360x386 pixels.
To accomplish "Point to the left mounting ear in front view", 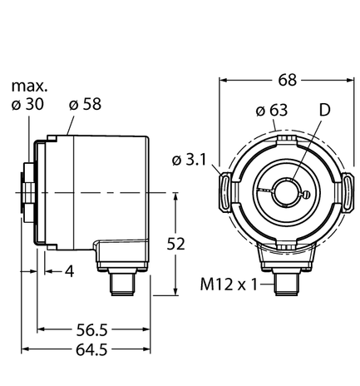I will point(224,192).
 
